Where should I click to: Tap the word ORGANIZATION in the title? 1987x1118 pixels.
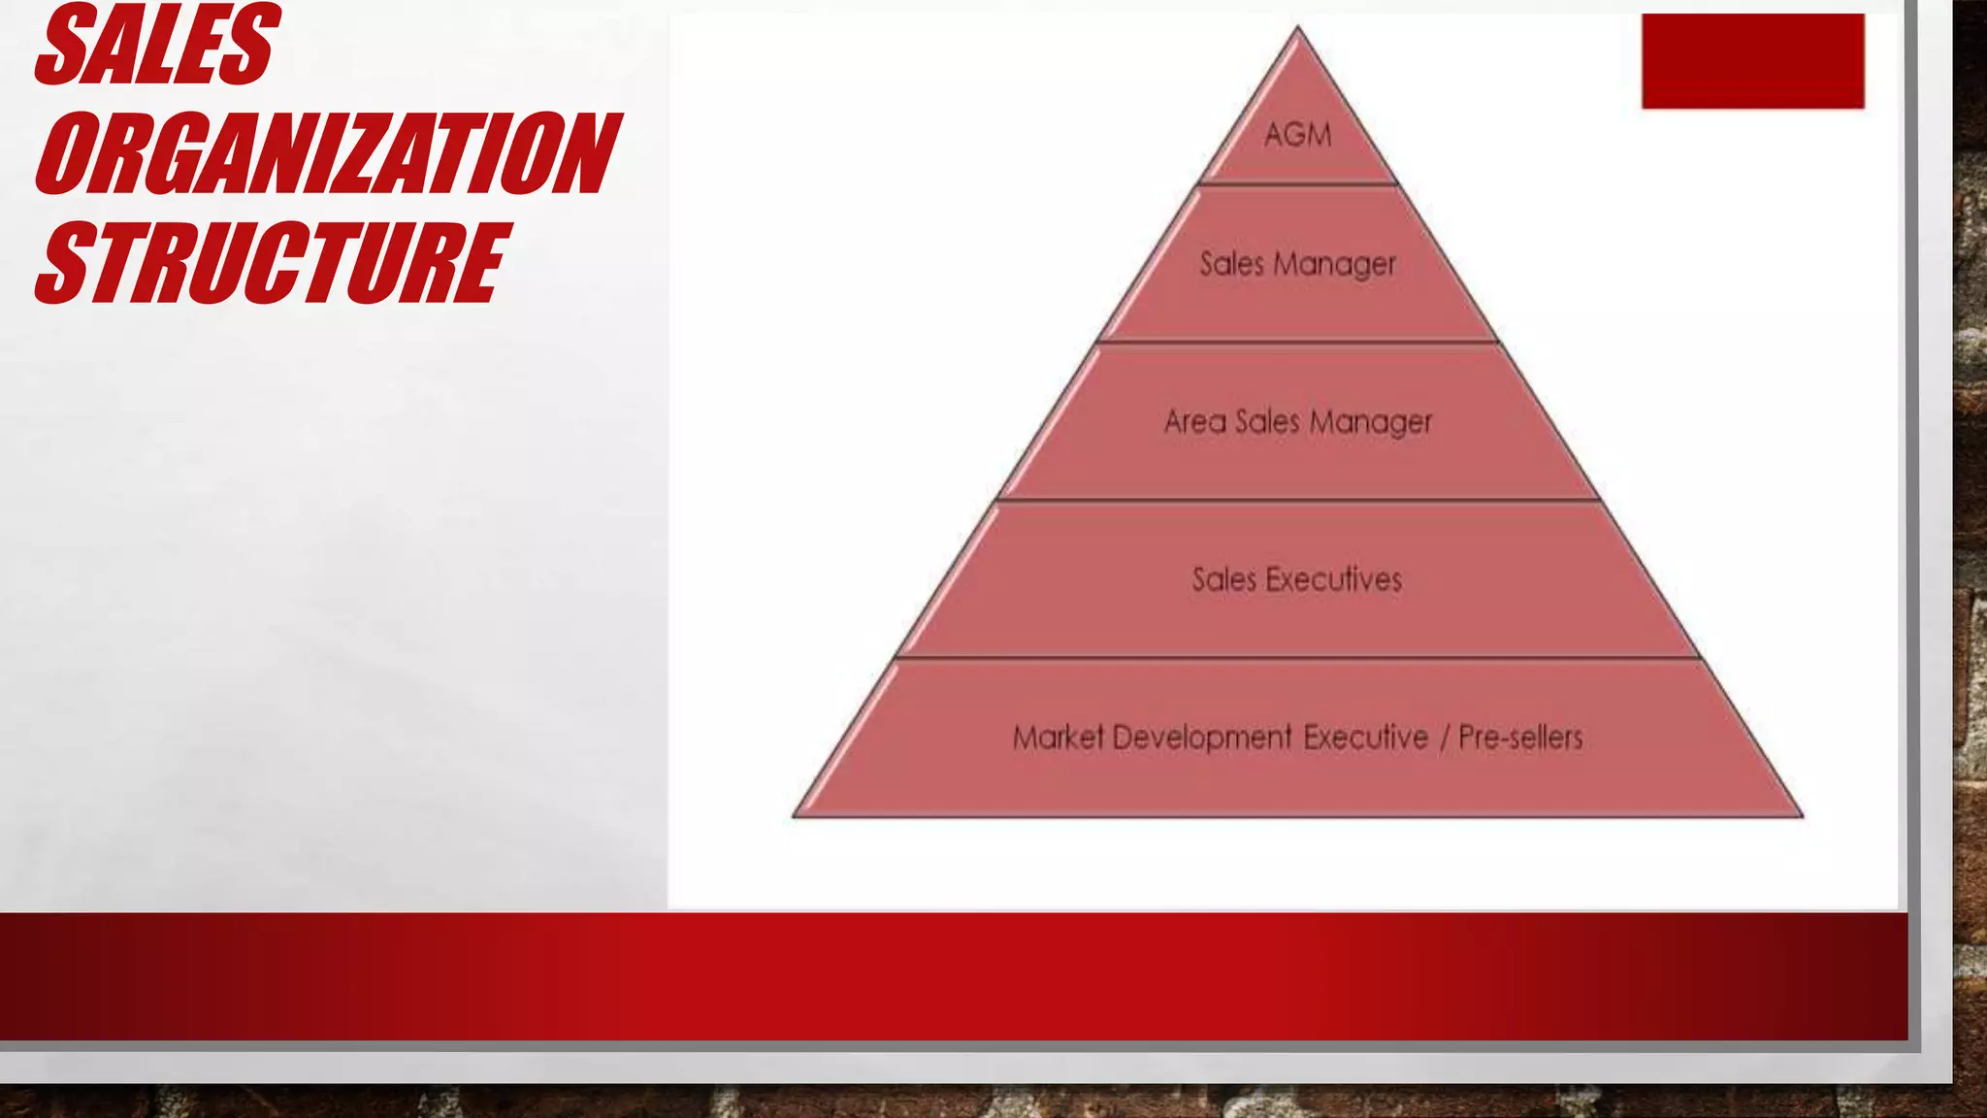click(x=326, y=153)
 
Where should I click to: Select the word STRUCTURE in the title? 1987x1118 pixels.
click(x=272, y=262)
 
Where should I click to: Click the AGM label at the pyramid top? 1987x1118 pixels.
click(x=1297, y=134)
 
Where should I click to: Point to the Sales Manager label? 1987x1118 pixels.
click(x=1297, y=264)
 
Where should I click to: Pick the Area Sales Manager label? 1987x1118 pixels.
click(x=1297, y=422)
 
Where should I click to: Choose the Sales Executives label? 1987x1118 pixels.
click(x=1297, y=579)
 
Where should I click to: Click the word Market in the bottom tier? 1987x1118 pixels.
click(x=1059, y=738)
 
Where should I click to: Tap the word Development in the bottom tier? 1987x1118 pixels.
click(x=1202, y=738)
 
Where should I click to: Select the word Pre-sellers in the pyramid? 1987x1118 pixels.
click(x=1520, y=738)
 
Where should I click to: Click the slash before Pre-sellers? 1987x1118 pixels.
click(x=1444, y=738)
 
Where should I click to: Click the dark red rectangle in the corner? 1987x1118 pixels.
click(x=1752, y=61)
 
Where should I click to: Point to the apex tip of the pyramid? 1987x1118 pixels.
click(x=1298, y=29)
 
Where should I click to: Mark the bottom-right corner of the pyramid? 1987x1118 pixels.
click(x=1801, y=815)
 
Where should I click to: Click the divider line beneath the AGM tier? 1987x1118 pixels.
click(x=1297, y=183)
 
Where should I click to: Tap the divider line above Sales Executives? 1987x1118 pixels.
click(x=1297, y=501)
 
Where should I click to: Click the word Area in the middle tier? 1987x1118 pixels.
click(x=1194, y=422)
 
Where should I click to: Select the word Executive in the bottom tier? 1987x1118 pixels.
click(x=1365, y=738)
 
